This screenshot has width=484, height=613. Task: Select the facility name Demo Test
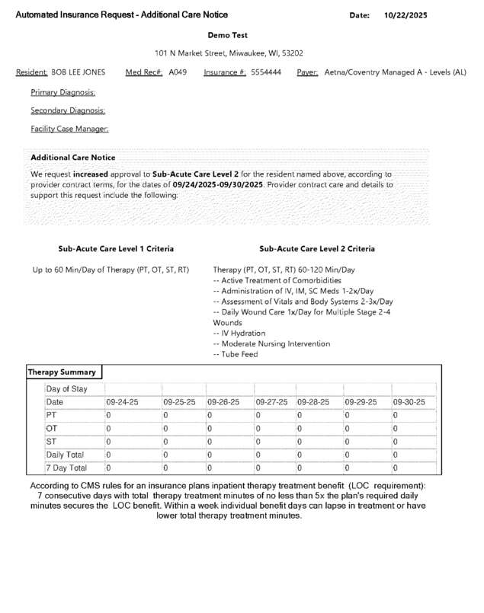click(x=228, y=35)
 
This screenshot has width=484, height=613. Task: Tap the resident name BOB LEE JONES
click(x=79, y=72)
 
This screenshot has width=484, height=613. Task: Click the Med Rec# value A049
click(x=178, y=72)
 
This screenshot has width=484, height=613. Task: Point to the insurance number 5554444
click(x=266, y=72)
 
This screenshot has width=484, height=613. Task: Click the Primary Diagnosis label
click(x=63, y=92)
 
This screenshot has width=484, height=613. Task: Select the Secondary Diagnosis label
click(x=68, y=110)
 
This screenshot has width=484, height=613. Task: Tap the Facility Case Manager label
click(x=69, y=129)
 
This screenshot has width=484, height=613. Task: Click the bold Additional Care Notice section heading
click(x=73, y=158)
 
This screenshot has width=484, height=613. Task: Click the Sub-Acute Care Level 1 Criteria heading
click(x=116, y=249)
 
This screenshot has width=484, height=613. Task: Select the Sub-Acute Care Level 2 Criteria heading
click(x=317, y=249)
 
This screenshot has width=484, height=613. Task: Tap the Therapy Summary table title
click(x=63, y=372)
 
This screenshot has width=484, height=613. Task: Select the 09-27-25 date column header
click(x=272, y=402)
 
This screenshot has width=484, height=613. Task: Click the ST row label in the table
click(x=51, y=442)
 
